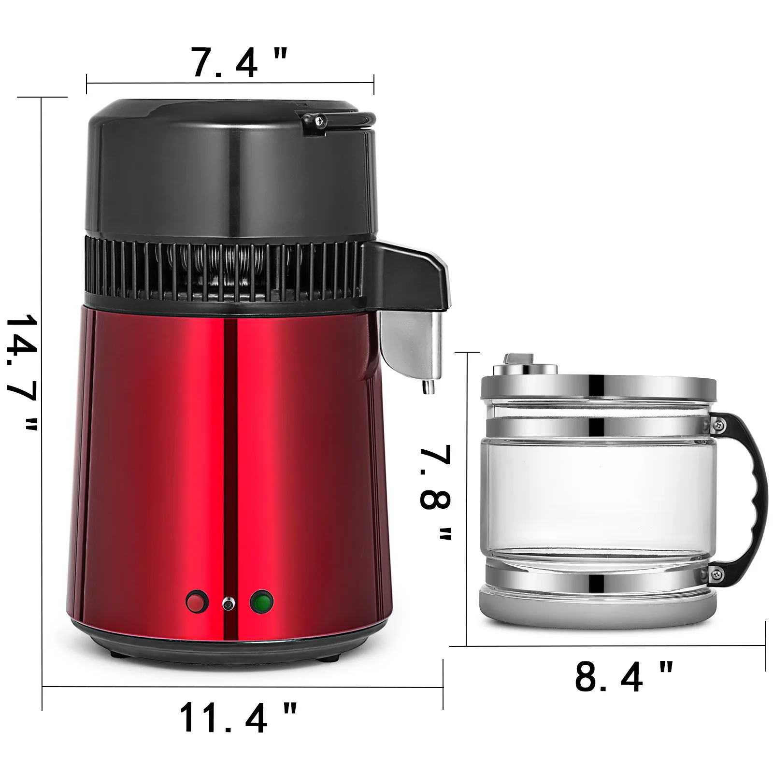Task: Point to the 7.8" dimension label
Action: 435,493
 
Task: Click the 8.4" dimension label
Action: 623,676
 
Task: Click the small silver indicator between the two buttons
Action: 226,603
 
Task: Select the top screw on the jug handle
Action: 719,424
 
